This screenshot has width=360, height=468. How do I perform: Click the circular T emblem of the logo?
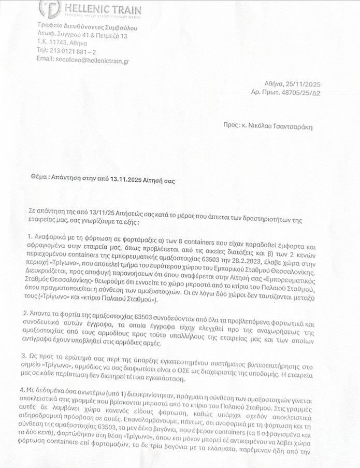point(50,9)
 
